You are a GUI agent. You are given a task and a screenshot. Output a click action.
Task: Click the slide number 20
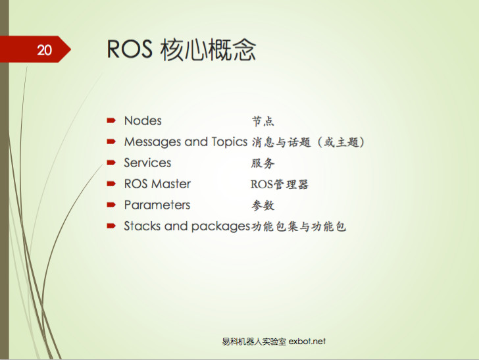44,49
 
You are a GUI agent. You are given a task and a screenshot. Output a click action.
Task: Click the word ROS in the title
130,50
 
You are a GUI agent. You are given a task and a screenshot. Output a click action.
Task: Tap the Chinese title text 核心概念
208,50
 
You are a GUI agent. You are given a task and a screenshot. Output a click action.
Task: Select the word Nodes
143,121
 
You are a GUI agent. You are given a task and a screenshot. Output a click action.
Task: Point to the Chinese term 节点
263,121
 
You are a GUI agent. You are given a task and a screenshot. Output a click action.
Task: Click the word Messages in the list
153,142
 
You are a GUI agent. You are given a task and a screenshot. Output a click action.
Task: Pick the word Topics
229,142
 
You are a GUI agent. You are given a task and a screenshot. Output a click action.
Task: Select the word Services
147,163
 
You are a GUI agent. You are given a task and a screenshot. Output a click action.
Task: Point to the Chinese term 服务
263,163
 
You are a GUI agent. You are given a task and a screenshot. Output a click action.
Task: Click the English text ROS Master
157,184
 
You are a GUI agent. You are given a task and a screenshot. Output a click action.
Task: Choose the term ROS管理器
280,184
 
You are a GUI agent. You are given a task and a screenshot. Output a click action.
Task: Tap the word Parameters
157,205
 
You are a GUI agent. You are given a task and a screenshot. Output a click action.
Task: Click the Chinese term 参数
263,205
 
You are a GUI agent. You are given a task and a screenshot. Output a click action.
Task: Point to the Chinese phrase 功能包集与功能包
299,226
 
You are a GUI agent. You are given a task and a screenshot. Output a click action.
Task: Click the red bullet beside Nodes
111,121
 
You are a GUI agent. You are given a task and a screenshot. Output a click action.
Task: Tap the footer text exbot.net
307,342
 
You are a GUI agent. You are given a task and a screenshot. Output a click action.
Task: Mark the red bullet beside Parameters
111,205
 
